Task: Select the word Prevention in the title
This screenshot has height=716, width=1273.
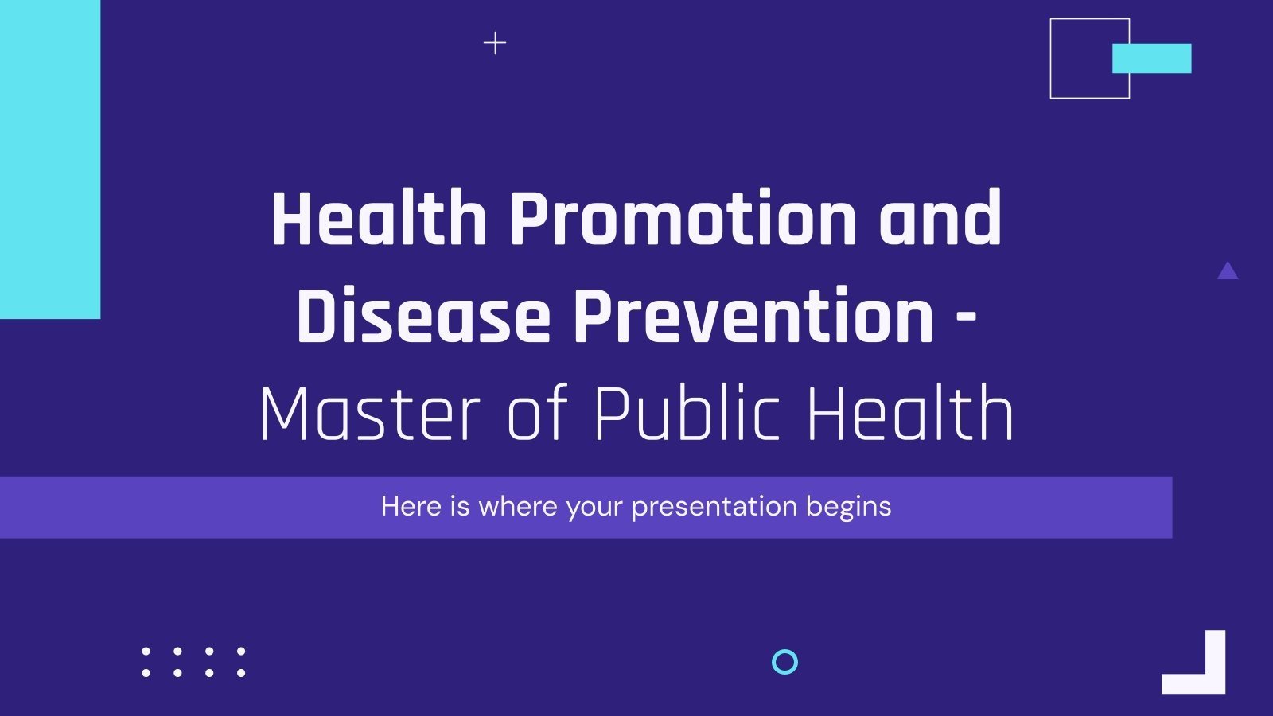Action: coord(753,317)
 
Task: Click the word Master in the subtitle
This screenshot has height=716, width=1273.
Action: coord(369,413)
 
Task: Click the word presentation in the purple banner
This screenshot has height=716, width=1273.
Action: coord(714,507)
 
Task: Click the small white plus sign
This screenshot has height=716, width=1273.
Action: coord(495,43)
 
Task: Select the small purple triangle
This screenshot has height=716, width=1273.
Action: coord(1228,272)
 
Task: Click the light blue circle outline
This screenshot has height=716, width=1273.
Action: coord(784,662)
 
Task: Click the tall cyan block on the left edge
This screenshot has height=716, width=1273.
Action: coord(49,159)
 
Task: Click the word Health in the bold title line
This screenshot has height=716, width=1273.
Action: coord(379,219)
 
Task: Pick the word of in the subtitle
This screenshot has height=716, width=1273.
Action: coord(538,413)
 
